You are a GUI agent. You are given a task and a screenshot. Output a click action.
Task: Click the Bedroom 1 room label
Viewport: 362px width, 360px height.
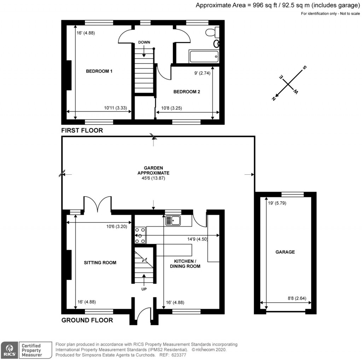99,71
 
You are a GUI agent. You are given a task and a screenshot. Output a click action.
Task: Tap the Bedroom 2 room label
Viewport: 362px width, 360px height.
187,92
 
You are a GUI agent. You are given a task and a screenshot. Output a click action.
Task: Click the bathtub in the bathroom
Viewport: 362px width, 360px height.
204,57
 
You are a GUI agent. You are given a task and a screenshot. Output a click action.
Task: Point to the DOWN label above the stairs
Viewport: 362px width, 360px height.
144,42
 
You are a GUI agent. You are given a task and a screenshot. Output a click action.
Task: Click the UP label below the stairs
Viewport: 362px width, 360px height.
144,289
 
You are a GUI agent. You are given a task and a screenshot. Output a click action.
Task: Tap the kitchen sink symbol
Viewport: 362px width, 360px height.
173,221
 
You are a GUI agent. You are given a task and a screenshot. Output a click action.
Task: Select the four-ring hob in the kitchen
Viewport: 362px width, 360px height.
140,235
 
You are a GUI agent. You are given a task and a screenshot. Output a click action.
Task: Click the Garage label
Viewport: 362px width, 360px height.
285,252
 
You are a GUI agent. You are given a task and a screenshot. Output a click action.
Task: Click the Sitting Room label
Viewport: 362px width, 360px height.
100,262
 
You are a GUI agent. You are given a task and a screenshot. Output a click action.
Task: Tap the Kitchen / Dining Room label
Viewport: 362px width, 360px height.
187,263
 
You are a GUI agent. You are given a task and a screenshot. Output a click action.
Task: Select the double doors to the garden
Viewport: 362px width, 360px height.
98,204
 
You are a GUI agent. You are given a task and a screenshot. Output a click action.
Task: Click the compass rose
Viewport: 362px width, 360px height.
289,84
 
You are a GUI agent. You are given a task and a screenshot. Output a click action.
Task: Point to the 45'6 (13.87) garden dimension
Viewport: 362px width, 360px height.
153,179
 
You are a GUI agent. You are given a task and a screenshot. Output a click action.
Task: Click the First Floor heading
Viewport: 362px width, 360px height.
82,130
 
